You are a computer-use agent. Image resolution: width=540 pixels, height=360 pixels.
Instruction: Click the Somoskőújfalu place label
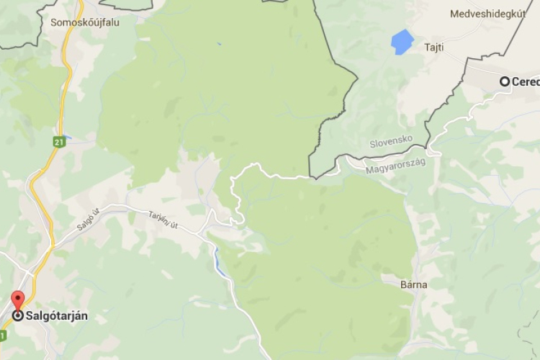85,22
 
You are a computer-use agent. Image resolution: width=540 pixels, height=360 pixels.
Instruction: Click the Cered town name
526,81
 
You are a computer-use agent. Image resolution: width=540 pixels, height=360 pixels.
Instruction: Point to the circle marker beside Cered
505,81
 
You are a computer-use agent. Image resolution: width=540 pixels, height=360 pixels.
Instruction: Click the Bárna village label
414,284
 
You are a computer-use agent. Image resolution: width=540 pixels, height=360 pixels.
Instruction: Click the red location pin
17,300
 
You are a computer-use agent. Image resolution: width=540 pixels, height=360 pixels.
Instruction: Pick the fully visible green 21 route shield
57,143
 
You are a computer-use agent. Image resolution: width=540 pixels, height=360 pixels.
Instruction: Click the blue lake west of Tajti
403,41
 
